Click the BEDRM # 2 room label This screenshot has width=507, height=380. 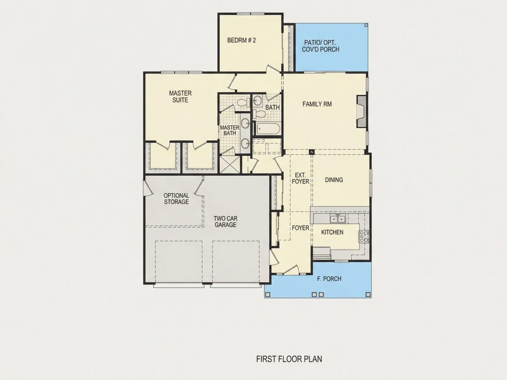[242, 41]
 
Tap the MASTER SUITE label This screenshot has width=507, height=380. [180, 97]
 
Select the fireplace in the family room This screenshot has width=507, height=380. [361, 111]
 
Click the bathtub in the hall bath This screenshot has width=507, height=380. [268, 129]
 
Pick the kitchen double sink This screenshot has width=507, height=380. [337, 219]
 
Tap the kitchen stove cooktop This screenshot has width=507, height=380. [365, 237]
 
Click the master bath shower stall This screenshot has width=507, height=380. [230, 164]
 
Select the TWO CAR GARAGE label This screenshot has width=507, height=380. [225, 222]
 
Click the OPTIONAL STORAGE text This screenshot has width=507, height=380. [176, 199]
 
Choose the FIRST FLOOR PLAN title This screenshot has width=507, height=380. [289, 359]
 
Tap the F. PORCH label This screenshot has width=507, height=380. [329, 279]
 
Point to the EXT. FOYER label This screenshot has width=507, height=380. [301, 178]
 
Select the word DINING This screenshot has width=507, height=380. [334, 180]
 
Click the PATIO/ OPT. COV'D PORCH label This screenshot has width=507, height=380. [320, 46]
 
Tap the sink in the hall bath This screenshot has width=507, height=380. [257, 100]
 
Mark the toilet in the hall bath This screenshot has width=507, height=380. [259, 114]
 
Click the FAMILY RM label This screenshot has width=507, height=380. [317, 104]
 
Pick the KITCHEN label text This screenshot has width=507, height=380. [332, 232]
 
